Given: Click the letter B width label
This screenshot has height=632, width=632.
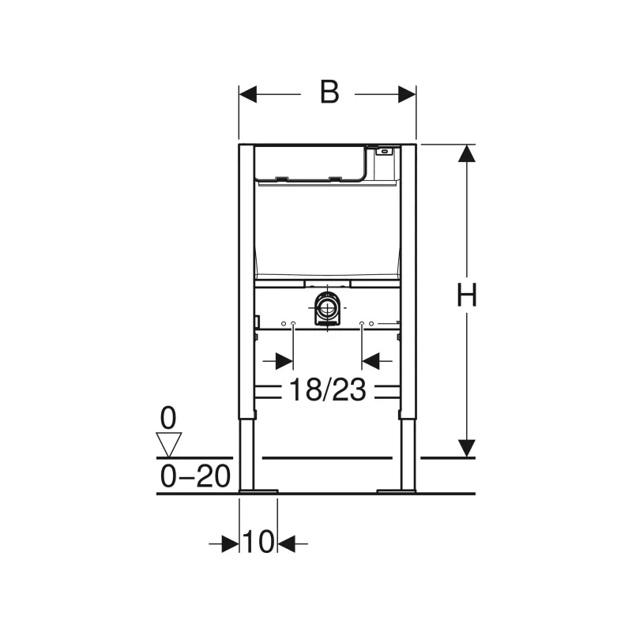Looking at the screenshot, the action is click(x=329, y=92).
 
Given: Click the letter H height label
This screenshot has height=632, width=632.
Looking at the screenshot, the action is click(x=467, y=295).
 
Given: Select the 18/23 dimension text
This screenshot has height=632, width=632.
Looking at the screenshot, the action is click(x=328, y=389).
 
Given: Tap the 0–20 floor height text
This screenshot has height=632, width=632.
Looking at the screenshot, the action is click(x=195, y=476).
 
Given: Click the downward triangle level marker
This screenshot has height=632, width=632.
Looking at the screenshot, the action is click(x=168, y=445).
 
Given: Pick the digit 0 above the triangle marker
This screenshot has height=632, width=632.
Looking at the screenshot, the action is click(x=168, y=419).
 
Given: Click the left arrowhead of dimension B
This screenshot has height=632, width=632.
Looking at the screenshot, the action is click(x=248, y=94).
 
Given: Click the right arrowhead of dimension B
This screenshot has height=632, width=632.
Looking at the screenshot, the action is click(x=407, y=94).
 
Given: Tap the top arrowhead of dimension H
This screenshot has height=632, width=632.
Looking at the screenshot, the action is click(x=467, y=153).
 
